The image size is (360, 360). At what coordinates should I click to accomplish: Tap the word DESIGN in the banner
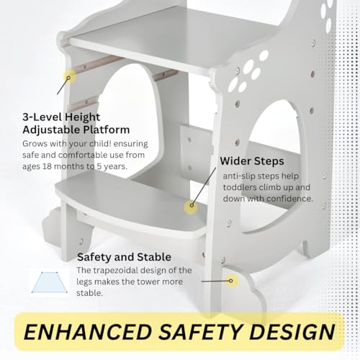click(x=292, y=332)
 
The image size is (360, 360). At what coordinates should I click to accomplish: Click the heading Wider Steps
click(x=252, y=161)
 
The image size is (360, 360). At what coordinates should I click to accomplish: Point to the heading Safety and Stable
click(x=124, y=257)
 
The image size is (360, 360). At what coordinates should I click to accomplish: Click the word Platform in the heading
click(x=107, y=130)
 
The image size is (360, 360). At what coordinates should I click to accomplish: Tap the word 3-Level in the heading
click(x=41, y=117)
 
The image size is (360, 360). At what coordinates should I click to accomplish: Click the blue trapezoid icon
click(x=50, y=282)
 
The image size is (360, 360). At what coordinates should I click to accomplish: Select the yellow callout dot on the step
click(x=192, y=206)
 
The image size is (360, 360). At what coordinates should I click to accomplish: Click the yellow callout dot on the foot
click(x=231, y=281)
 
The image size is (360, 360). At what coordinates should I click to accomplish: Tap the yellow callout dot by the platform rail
click(x=69, y=78)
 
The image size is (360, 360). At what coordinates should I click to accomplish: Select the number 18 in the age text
click(x=47, y=166)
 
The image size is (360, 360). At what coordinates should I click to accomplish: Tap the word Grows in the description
click(x=34, y=144)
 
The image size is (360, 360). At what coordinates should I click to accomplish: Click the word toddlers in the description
click(x=239, y=187)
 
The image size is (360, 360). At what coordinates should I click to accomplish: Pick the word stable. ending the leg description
click(x=90, y=293)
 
